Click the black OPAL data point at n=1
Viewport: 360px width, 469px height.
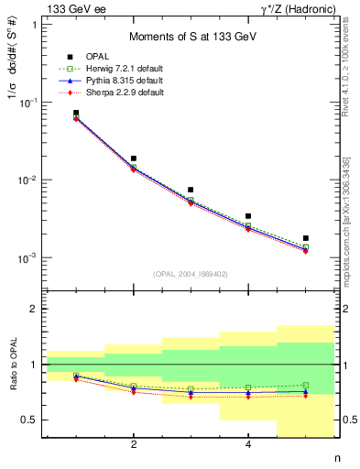(76, 113)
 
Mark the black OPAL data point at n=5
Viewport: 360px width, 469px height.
(306, 238)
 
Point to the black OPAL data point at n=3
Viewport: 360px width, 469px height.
(191, 190)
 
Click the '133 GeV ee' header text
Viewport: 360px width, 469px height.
(68, 8)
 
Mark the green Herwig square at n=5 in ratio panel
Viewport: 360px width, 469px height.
(306, 386)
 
